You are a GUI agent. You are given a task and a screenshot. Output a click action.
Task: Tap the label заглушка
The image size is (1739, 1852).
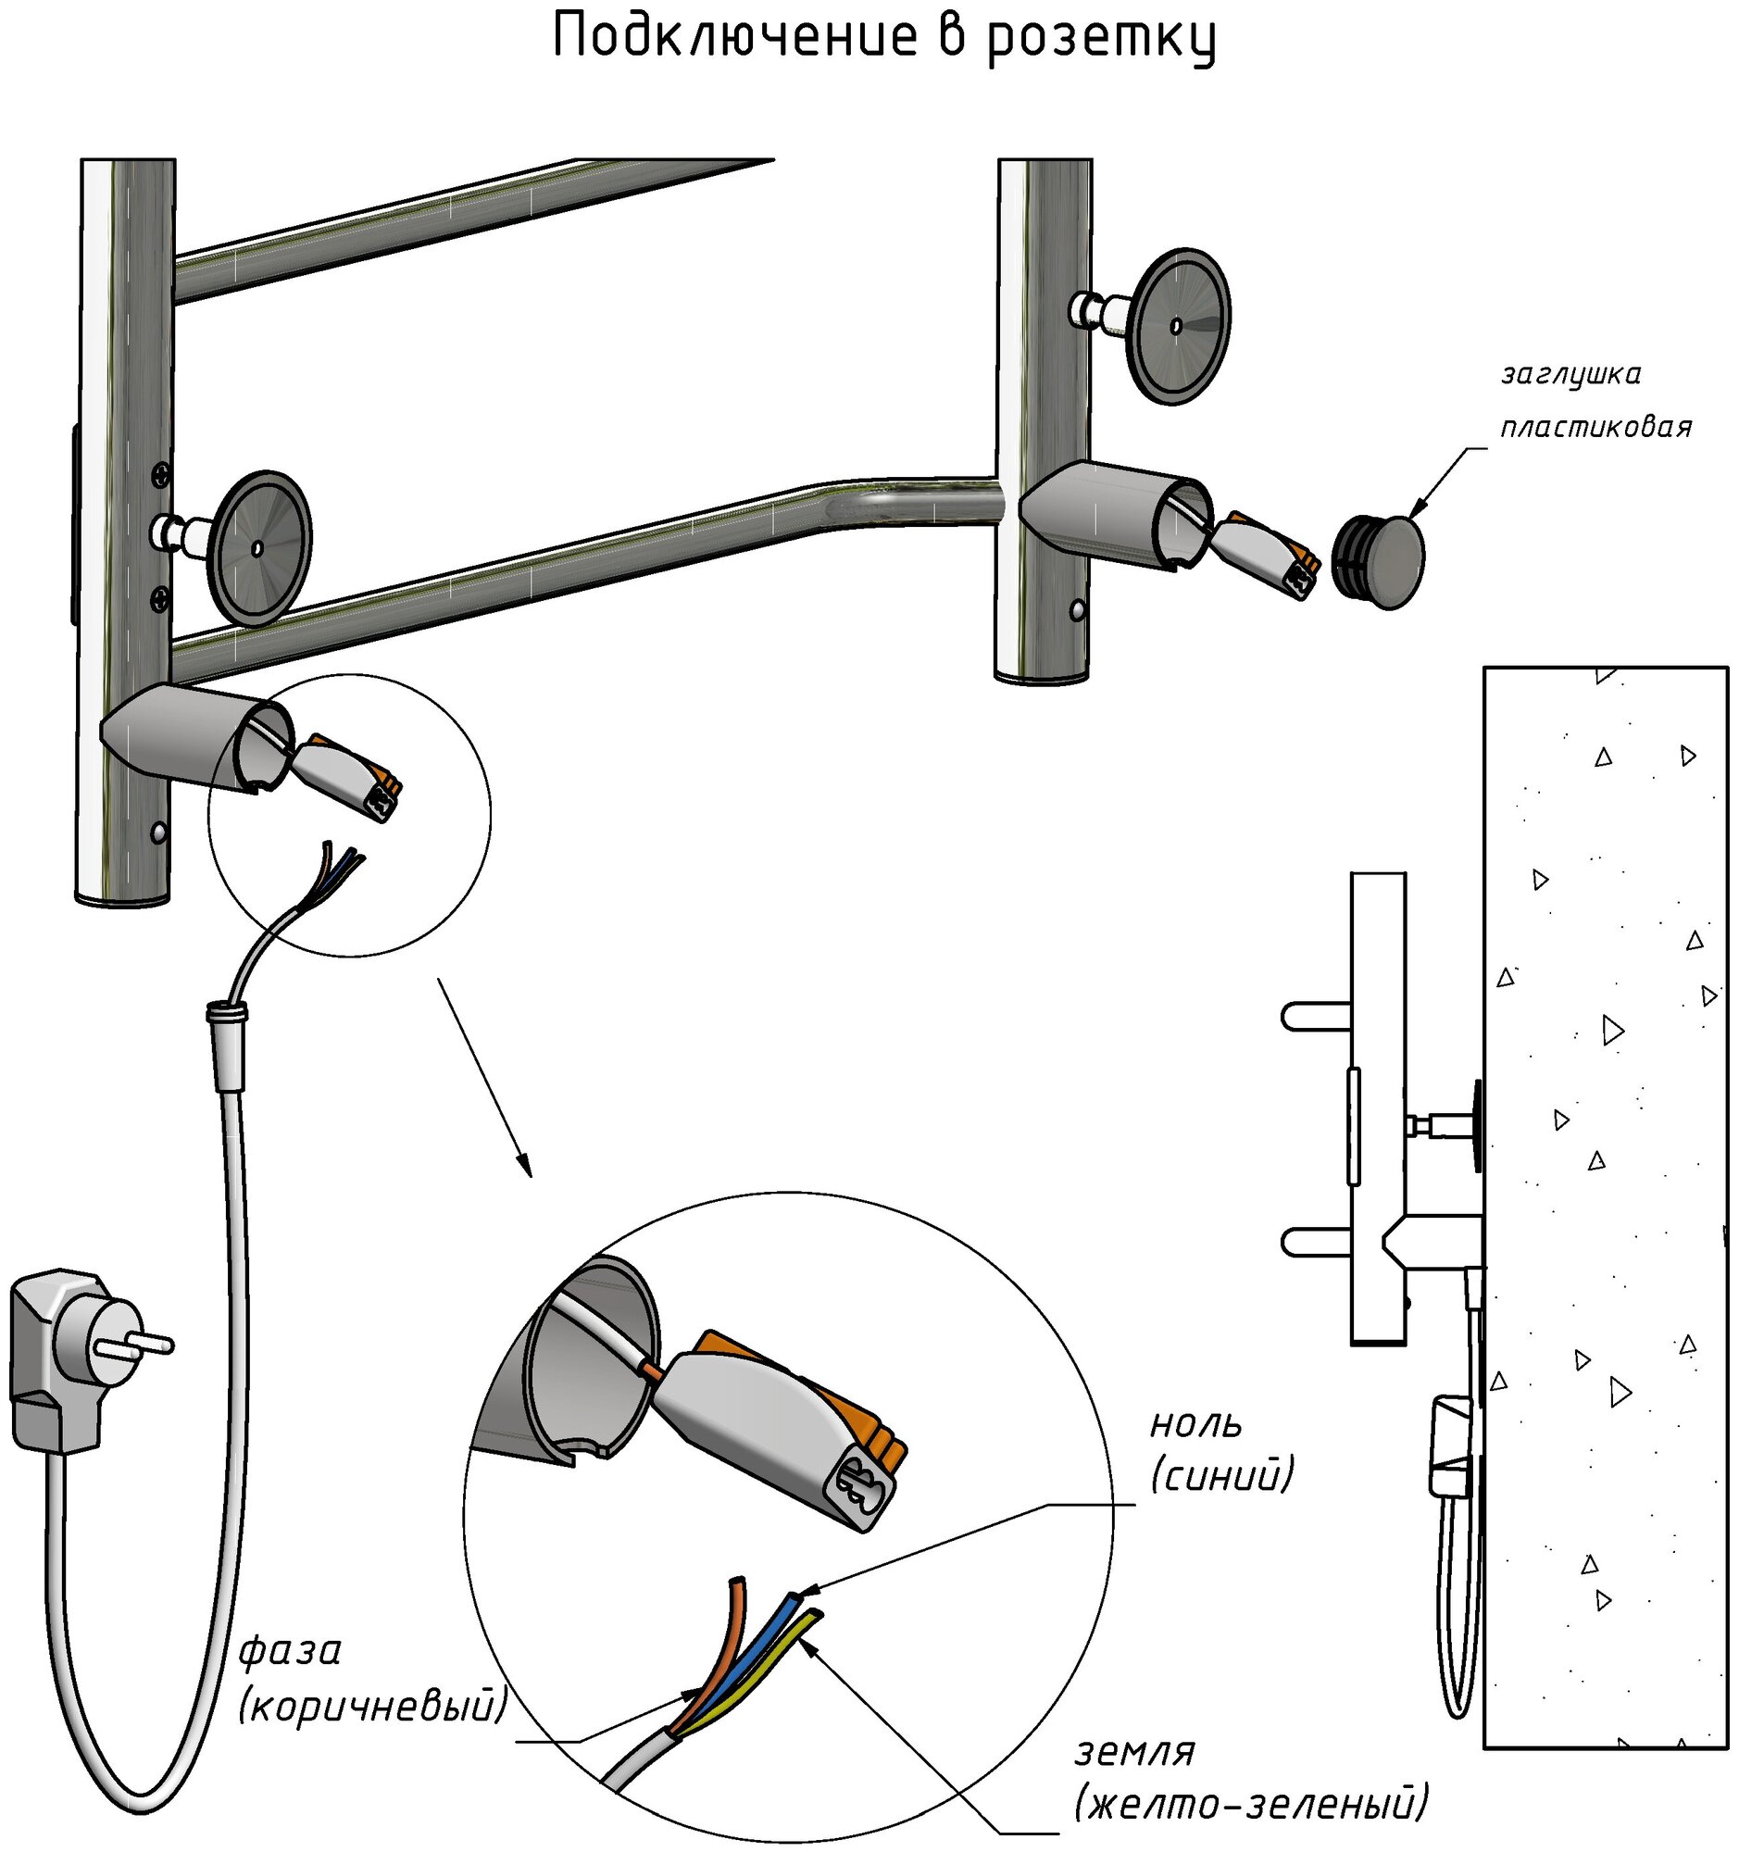pos(1570,374)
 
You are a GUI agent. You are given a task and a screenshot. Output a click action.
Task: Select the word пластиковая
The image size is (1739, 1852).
pos(1595,428)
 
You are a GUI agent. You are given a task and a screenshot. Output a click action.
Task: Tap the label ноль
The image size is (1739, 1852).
pos(1196,1424)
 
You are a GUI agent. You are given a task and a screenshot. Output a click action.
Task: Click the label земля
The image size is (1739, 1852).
pos(1134,1751)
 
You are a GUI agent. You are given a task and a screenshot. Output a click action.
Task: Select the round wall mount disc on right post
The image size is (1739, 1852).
pos(1177,326)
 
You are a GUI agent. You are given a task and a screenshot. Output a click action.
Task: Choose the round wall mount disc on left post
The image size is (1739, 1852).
pos(259,548)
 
